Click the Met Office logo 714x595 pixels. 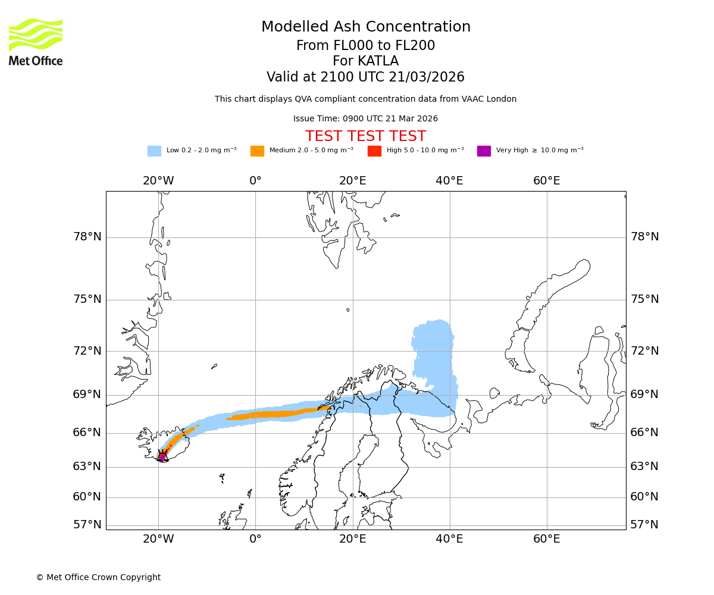(x=36, y=42)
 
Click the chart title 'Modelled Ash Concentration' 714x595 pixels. (x=365, y=27)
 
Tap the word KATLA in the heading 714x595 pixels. (x=381, y=61)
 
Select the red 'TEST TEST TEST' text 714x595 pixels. (x=365, y=137)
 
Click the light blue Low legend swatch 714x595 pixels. (x=154, y=151)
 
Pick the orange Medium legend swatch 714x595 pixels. (x=257, y=151)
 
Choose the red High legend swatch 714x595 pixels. (x=374, y=151)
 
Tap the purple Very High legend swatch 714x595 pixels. (x=484, y=151)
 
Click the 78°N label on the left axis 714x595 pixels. (x=87, y=237)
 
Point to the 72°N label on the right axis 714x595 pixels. (x=644, y=350)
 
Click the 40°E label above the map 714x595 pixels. (x=449, y=181)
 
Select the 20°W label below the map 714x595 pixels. (x=158, y=539)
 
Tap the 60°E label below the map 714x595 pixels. (x=546, y=539)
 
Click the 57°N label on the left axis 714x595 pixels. (x=87, y=525)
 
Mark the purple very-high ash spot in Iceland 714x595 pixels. (x=162, y=458)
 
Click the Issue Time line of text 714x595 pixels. (x=365, y=119)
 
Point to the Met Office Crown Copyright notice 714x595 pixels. (x=98, y=578)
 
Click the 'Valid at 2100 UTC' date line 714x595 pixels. (x=365, y=77)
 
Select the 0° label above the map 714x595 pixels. (x=255, y=181)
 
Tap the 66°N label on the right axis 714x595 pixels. (x=644, y=433)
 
